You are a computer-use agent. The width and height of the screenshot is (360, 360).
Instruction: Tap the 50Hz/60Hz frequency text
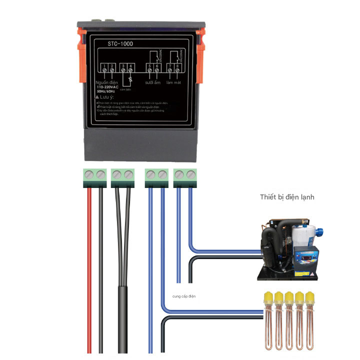pyautogui.click(x=106, y=91)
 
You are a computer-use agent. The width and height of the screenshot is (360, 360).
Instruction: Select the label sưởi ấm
pyautogui.click(x=152, y=82)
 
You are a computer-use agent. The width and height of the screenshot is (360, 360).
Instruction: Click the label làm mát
pyautogui.click(x=173, y=82)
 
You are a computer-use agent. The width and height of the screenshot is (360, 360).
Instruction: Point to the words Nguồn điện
pyautogui.click(x=107, y=82)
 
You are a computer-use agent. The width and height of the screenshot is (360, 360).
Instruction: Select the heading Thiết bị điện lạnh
pyautogui.click(x=287, y=197)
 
